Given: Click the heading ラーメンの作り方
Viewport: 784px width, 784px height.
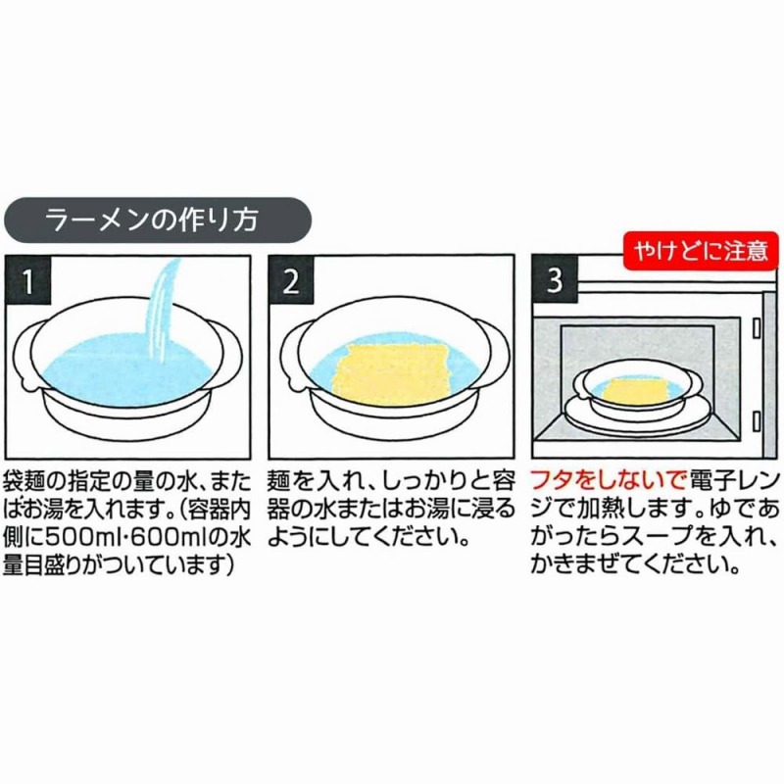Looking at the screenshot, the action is [152, 220].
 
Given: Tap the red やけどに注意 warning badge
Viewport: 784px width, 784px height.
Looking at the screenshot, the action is [701, 250].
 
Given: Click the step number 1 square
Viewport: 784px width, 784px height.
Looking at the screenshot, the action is [28, 279].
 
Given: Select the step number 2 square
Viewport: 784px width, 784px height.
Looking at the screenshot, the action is [291, 279].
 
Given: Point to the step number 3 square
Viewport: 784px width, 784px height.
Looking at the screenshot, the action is [555, 279].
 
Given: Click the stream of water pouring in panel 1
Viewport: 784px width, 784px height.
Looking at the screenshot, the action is [161, 315].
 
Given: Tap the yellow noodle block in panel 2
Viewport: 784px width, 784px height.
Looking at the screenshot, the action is [395, 372].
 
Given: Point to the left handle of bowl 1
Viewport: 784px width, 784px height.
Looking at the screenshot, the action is [26, 355].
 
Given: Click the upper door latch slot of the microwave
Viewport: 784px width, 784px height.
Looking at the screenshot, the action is [757, 329].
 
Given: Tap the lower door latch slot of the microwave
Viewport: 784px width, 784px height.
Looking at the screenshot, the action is [757, 420].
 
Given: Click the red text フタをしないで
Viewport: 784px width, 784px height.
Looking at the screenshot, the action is [606, 482].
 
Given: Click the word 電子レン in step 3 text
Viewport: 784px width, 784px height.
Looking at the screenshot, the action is [733, 482].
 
